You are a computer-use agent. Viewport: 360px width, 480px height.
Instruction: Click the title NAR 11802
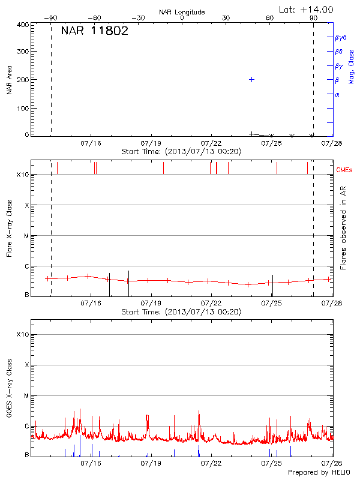[x=94, y=32]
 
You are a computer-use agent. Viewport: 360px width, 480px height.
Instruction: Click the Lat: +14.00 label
[x=307, y=10]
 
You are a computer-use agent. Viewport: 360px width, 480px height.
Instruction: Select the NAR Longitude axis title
[x=182, y=12]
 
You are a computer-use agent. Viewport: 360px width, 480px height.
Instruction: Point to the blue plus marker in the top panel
[x=252, y=79]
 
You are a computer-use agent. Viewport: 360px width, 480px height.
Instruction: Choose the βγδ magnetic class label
[x=340, y=38]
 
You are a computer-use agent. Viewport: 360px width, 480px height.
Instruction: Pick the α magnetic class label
[x=337, y=94]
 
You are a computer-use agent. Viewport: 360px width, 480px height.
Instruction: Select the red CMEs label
[x=344, y=170]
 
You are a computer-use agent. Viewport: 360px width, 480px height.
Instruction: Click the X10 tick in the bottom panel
[x=22, y=334]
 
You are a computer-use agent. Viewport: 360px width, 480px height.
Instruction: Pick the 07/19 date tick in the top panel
[x=151, y=144]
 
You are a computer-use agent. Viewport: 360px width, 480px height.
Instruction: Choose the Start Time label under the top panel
[x=181, y=152]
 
